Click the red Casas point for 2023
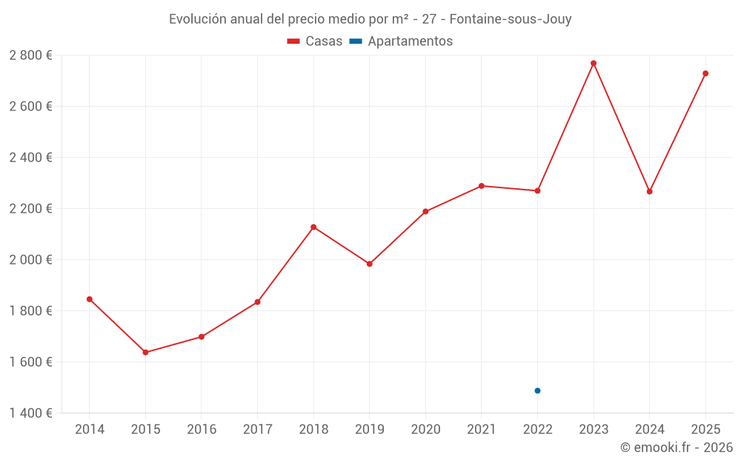[594, 63]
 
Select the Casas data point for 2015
[145, 353]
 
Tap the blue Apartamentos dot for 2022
[537, 390]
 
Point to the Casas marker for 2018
[313, 227]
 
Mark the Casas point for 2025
[705, 73]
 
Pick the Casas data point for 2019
[370, 264]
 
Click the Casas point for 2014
[90, 299]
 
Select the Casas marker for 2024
[650, 192]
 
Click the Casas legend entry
[315, 41]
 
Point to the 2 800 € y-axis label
[30, 55]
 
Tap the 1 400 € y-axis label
[30, 413]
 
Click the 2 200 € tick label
[30, 208]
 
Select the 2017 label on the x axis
[257, 430]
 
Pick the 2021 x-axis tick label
[482, 430]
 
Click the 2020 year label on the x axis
[425, 430]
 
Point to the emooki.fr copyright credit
[676, 447]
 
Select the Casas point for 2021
[482, 186]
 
